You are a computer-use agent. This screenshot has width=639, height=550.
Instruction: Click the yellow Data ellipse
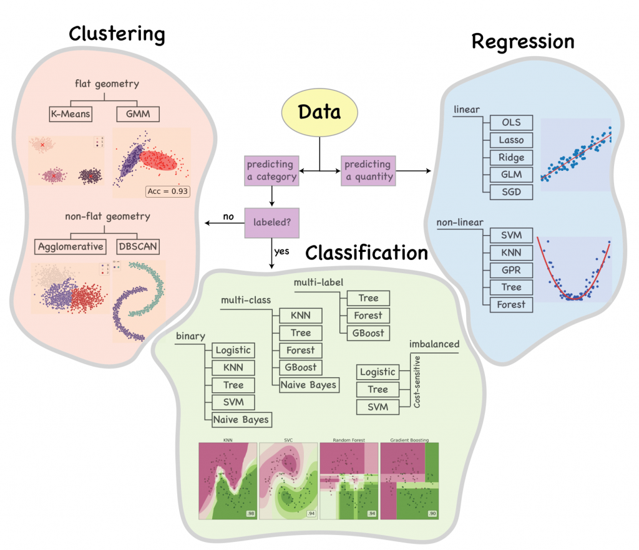[319, 113]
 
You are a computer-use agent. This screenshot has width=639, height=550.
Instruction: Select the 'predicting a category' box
[271, 170]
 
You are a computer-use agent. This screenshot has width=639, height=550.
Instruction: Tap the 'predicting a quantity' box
[368, 170]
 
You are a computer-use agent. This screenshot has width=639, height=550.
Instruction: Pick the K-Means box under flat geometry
[71, 114]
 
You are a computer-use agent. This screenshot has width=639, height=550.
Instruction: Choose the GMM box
[137, 114]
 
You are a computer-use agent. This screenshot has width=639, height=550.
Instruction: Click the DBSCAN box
[137, 246]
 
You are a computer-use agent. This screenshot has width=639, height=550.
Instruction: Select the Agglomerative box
[69, 246]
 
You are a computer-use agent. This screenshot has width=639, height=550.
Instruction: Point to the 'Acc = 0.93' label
[167, 191]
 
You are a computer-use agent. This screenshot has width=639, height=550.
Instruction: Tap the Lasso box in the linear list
[511, 140]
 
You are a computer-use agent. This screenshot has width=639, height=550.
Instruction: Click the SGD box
[511, 192]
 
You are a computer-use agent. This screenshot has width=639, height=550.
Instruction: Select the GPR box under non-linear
[511, 270]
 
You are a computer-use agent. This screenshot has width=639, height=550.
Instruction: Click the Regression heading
[523, 42]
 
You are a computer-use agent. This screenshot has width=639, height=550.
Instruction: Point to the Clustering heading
[117, 34]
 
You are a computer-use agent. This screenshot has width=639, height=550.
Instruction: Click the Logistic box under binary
[233, 350]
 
